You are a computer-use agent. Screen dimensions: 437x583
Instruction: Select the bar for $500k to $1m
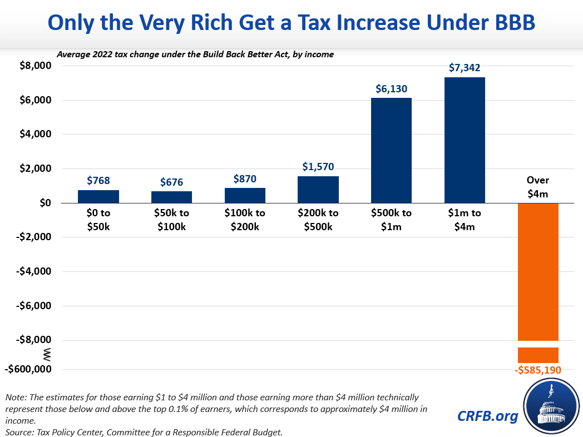coord(391,150)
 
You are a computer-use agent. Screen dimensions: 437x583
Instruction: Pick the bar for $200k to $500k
coord(318,190)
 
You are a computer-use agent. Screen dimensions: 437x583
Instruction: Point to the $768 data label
coord(98,180)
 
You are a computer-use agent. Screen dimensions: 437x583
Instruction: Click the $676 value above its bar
coord(171,182)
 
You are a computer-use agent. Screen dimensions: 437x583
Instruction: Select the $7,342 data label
coord(465,68)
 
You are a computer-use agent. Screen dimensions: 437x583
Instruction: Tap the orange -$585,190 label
coord(538,370)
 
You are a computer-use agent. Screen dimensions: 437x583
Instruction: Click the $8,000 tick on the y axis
coord(36,66)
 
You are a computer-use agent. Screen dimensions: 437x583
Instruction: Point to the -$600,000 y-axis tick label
coord(29,369)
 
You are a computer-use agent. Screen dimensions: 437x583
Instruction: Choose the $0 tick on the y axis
coord(45,203)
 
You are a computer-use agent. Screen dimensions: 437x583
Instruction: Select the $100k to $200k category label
coord(245,220)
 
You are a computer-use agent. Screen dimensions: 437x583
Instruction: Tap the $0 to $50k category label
coord(98,220)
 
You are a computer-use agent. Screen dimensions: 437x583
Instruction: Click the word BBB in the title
coord(505,22)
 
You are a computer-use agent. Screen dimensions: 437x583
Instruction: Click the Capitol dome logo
coord(551,407)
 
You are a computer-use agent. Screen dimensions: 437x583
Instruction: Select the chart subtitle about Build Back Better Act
coord(194,54)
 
